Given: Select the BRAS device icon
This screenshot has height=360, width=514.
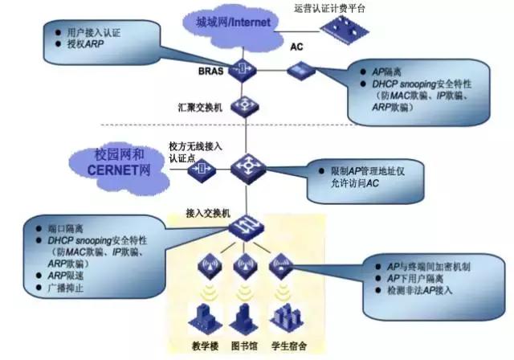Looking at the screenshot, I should coord(241,72).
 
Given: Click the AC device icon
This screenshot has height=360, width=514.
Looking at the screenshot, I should coord(297,72).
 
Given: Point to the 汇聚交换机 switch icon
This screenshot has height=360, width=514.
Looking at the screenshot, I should coord(241,106).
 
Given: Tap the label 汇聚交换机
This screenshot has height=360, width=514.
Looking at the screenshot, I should coord(199,106).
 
